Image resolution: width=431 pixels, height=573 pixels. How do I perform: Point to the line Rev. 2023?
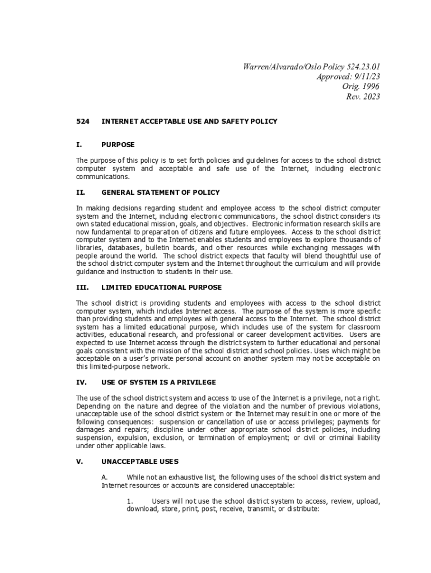pyautogui.click(x=363, y=97)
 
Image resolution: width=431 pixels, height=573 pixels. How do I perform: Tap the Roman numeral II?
pyautogui.click(x=79, y=192)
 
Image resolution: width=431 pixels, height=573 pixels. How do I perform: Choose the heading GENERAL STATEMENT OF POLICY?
pyautogui.click(x=161, y=192)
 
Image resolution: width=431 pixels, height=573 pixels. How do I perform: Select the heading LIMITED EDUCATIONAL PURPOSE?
pyautogui.click(x=161, y=287)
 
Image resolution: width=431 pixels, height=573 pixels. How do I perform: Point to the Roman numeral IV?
pyautogui.click(x=80, y=382)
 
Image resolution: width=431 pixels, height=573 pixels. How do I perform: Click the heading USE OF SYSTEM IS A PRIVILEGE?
pyautogui.click(x=158, y=382)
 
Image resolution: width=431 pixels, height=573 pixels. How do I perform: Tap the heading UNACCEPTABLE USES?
pyautogui.click(x=140, y=462)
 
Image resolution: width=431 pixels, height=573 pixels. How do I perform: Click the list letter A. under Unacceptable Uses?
pyautogui.click(x=104, y=477)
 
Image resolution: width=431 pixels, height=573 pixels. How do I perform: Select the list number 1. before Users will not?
pyautogui.click(x=130, y=501)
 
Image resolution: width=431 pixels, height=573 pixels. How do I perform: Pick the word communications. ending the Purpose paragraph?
pyautogui.click(x=102, y=176)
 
